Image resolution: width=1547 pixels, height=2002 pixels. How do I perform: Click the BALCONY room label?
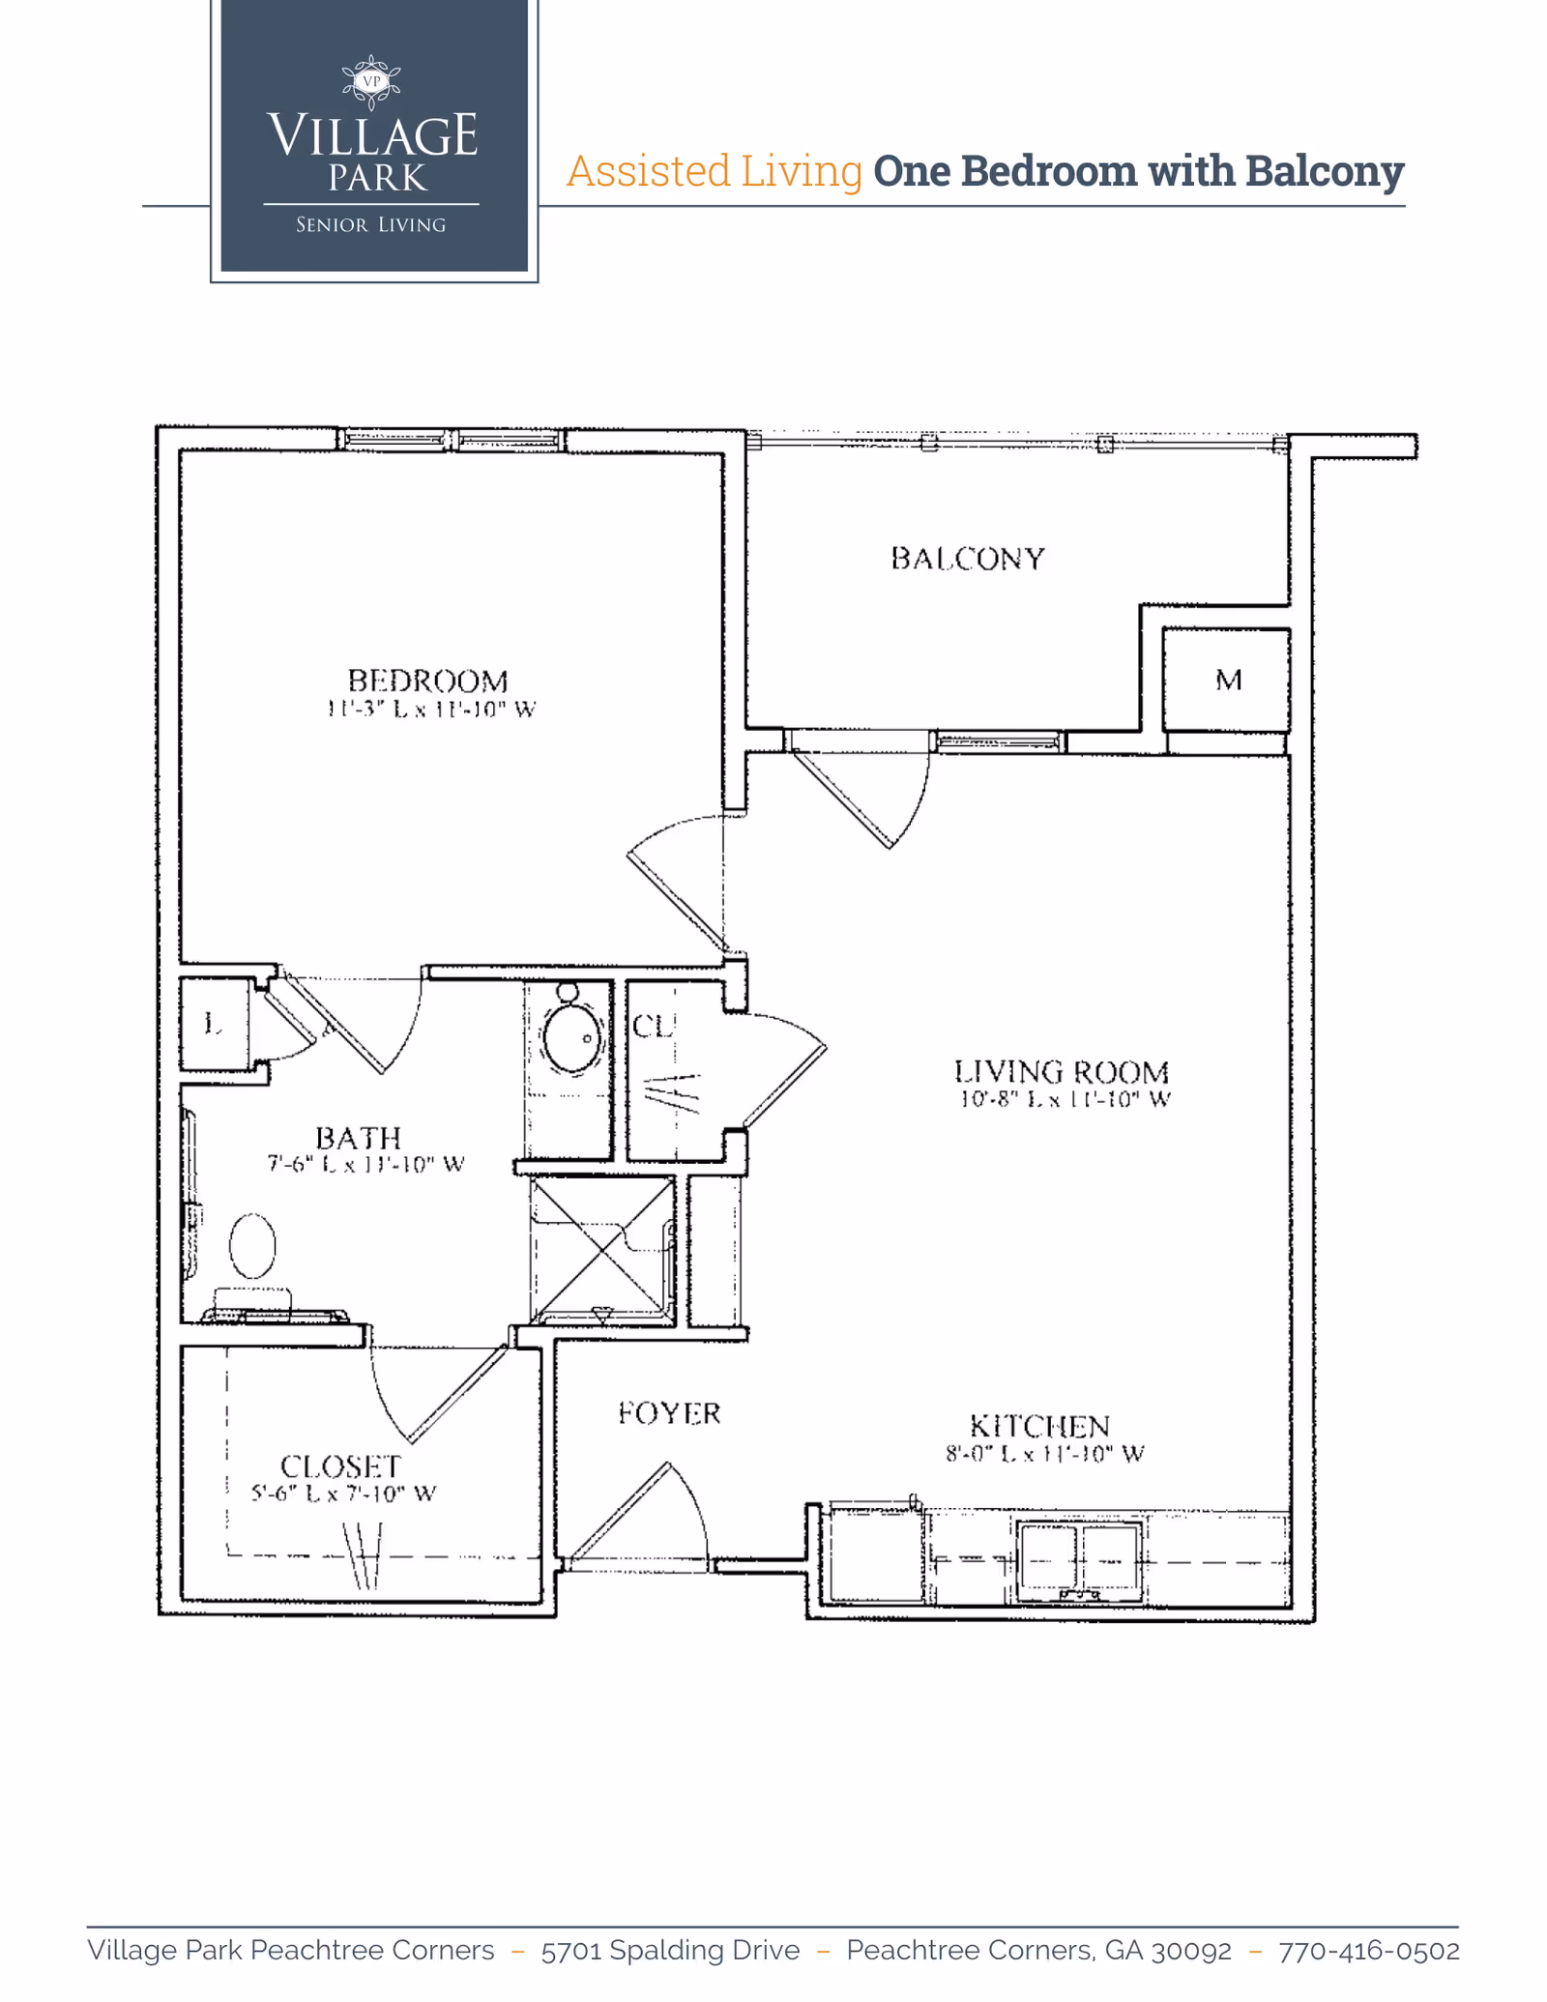tap(967, 559)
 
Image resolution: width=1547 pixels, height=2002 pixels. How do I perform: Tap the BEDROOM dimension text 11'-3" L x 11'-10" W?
tap(430, 710)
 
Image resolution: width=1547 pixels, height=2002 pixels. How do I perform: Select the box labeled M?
tap(1226, 681)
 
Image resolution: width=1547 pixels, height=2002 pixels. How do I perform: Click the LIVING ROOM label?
tap(1062, 1072)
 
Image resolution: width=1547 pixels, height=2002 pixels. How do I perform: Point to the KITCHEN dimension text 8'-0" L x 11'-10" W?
tap(1044, 1454)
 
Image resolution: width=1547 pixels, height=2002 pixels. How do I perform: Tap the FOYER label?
tap(669, 1413)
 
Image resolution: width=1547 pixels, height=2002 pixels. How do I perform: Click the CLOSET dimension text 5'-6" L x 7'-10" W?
tap(343, 1494)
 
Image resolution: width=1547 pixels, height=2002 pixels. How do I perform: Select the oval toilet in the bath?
tap(252, 1246)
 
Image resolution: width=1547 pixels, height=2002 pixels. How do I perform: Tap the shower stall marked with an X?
tap(602, 1250)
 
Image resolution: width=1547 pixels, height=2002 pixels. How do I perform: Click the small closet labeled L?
tap(214, 1024)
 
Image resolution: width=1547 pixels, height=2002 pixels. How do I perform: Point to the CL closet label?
tap(653, 1027)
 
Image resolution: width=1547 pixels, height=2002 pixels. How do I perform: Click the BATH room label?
tap(358, 1138)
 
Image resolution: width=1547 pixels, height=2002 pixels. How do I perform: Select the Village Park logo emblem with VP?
tap(371, 82)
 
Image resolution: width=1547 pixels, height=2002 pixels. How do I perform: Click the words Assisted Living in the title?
tap(714, 171)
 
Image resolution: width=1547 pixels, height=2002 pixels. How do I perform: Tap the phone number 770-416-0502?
tap(1368, 1951)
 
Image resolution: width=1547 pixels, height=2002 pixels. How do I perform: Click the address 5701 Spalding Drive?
tap(670, 1951)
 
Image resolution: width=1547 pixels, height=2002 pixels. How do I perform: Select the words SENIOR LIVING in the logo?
tap(370, 225)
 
